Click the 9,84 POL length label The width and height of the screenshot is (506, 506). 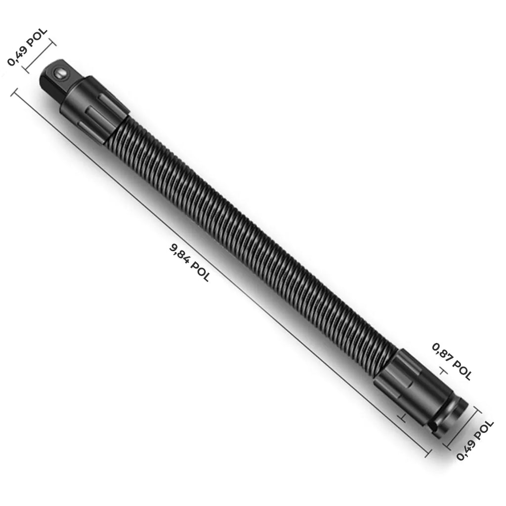coord(189,263)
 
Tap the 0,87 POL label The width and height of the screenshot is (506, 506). coord(452,361)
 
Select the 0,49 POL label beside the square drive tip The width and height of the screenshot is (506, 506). coord(27,47)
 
